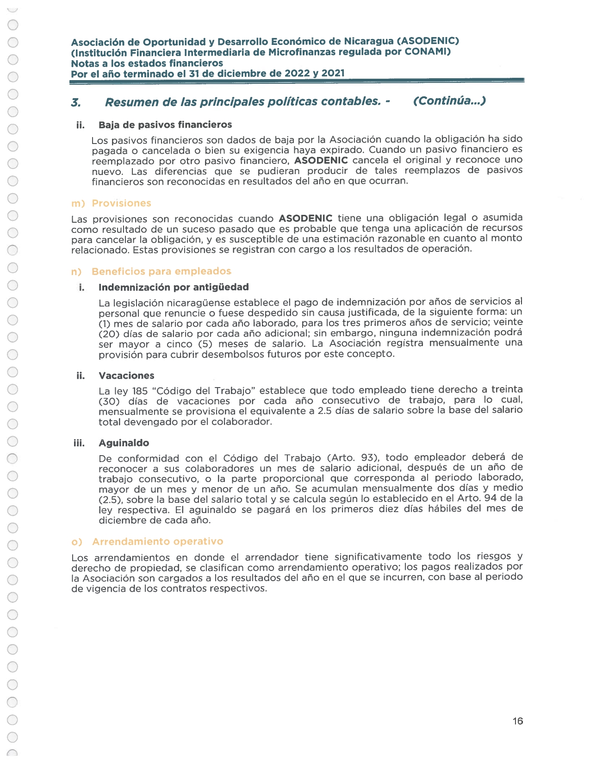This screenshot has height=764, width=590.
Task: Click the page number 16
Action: (x=517, y=721)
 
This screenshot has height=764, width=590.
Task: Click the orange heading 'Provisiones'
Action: (x=121, y=203)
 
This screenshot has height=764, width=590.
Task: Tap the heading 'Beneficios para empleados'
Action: (x=161, y=271)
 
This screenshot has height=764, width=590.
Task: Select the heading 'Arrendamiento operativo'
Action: (x=157, y=541)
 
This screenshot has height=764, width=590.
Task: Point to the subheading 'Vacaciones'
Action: (x=126, y=376)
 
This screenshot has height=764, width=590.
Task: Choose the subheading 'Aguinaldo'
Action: (x=124, y=443)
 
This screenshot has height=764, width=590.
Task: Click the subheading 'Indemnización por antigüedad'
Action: (x=174, y=287)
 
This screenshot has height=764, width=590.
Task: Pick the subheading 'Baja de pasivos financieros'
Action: (x=165, y=125)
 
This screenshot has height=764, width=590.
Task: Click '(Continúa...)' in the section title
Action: (x=449, y=101)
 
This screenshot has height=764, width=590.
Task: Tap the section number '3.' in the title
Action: (x=76, y=102)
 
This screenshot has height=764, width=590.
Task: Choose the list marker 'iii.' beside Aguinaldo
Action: (x=79, y=443)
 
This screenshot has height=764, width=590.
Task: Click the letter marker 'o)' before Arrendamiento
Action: (x=77, y=542)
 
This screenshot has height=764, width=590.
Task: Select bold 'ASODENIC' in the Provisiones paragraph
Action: (x=305, y=218)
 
